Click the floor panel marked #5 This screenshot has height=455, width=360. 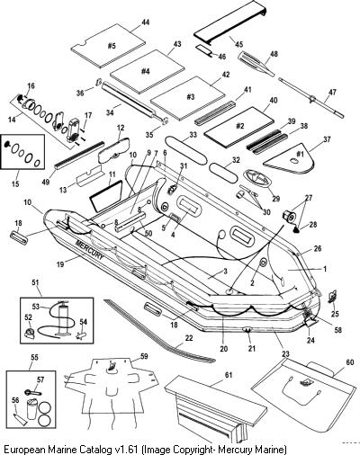pyautogui.click(x=108, y=46)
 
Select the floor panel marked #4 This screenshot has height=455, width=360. pyautogui.click(x=147, y=72)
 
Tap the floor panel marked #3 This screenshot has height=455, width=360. pyautogui.click(x=187, y=97)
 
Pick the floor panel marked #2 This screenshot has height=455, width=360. pyautogui.click(x=238, y=127)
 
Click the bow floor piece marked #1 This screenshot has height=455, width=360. pyautogui.click(x=291, y=158)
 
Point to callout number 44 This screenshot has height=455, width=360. pyautogui.click(x=146, y=22)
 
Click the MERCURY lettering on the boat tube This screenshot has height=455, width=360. pyautogui.click(x=90, y=249)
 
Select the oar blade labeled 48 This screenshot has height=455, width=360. pyautogui.click(x=255, y=64)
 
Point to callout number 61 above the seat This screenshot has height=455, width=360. pyautogui.click(x=228, y=375)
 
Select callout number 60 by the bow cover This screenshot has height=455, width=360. pyautogui.click(x=350, y=362)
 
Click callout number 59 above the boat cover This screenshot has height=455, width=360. pyautogui.click(x=144, y=356)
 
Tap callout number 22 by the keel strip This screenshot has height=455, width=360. pyautogui.click(x=189, y=338)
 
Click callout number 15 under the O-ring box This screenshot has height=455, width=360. pyautogui.click(x=15, y=183)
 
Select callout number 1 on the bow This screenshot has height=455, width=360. pyautogui.click(x=324, y=269)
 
